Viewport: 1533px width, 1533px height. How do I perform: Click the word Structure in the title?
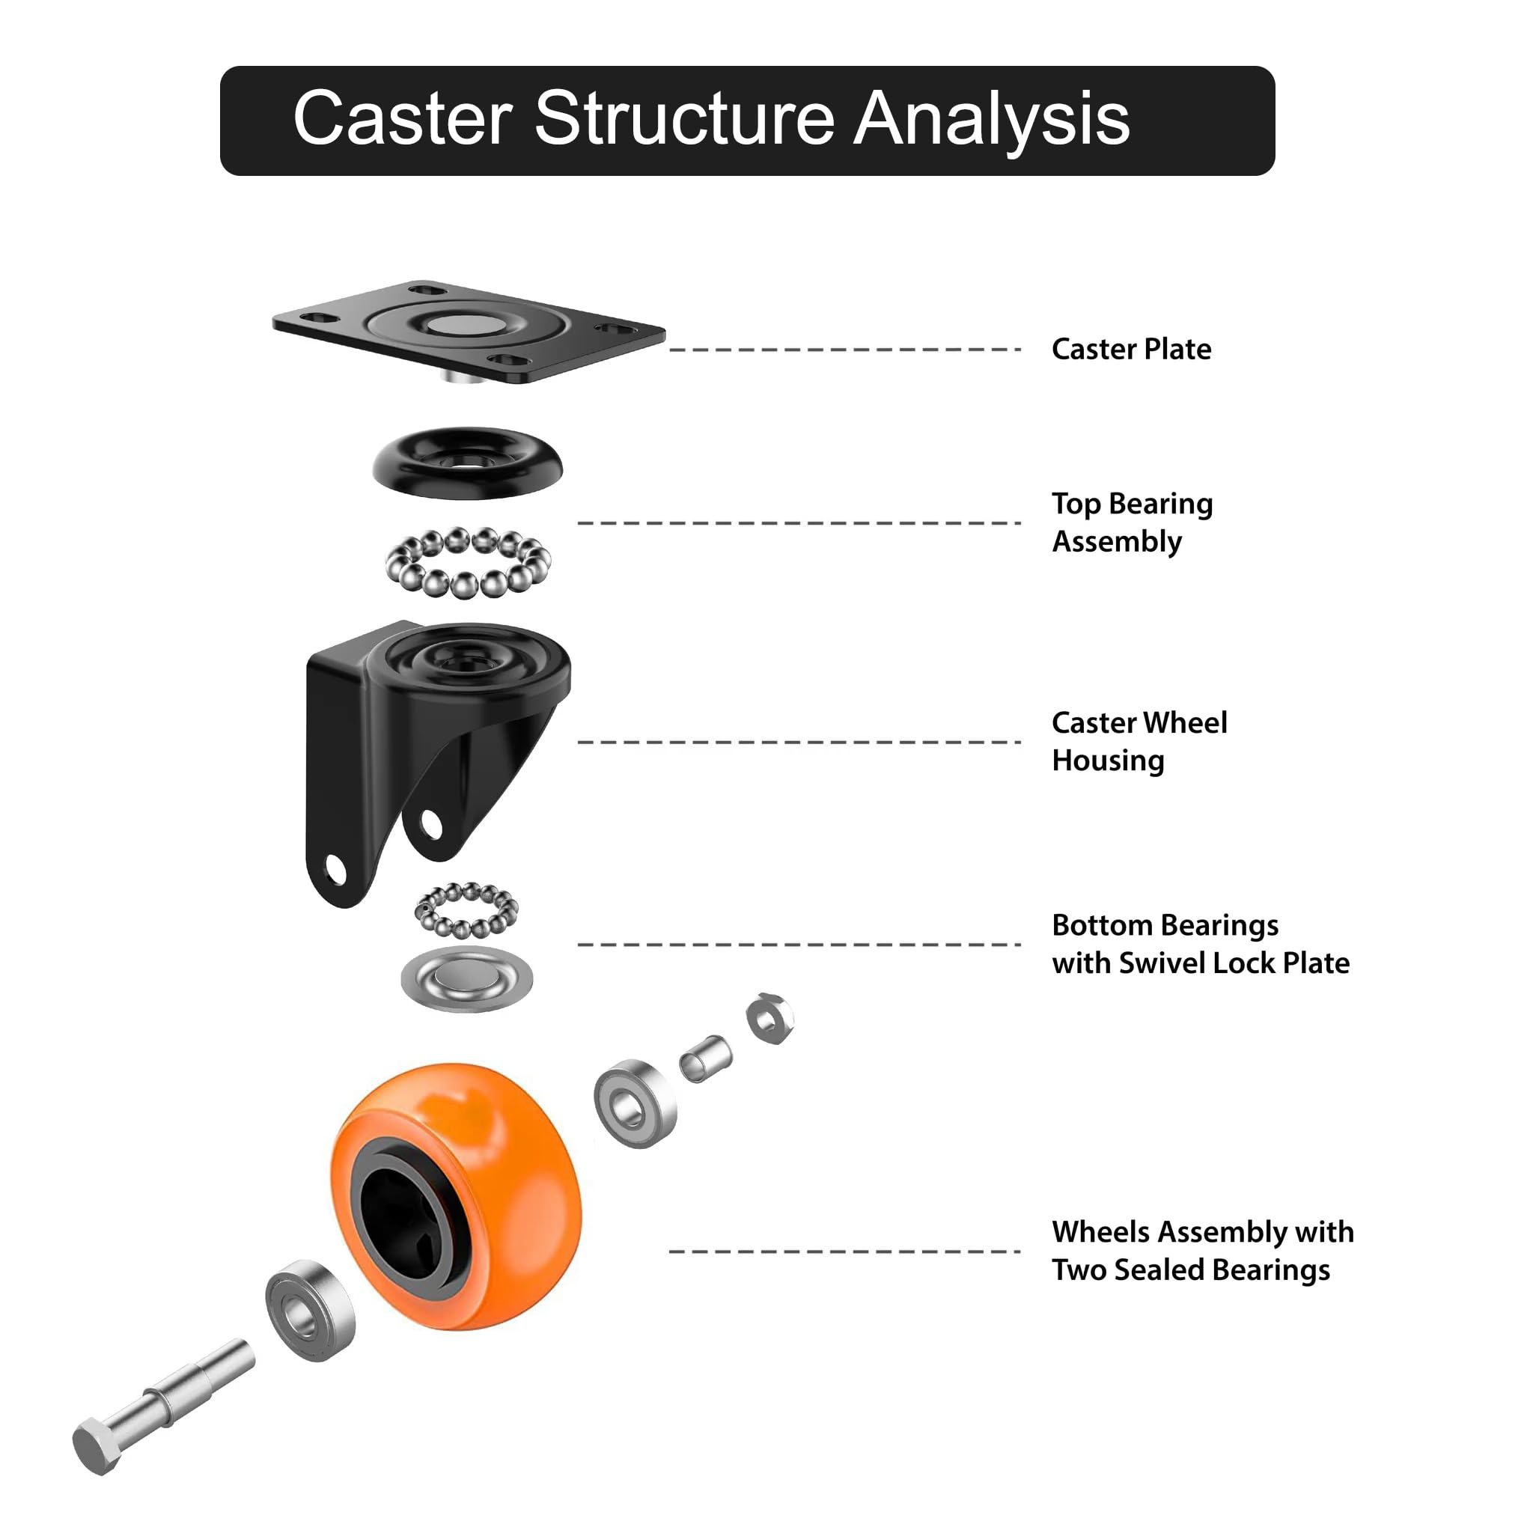684,118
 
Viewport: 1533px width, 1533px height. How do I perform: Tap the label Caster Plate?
1131,349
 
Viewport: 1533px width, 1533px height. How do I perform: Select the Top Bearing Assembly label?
1133,522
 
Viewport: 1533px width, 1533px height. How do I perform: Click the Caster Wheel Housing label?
1139,741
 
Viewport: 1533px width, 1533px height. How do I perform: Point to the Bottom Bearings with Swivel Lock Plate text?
1201,943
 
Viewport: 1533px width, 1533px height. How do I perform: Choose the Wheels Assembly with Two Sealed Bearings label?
1203,1251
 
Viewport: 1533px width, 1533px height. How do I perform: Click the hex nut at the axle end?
769,1018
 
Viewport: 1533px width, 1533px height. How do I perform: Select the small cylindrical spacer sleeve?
705,1059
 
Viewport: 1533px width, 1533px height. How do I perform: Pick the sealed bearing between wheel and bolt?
310,1311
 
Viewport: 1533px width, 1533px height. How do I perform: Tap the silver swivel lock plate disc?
466,979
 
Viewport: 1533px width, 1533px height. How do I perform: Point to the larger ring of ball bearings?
468,563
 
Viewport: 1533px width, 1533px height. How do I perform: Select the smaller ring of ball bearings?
466,911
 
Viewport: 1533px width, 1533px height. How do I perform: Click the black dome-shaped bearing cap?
467,463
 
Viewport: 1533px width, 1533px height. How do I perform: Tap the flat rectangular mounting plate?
468,332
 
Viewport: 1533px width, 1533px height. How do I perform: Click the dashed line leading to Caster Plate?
844,349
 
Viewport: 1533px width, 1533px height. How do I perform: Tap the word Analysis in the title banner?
991,118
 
